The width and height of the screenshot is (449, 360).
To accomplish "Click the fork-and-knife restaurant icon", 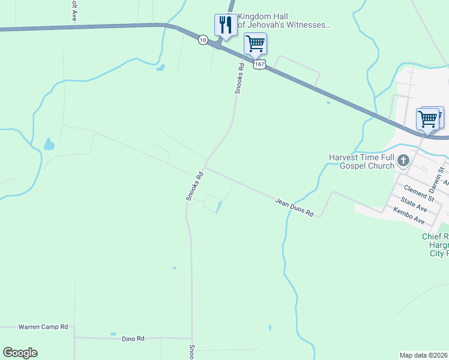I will tap(224, 25).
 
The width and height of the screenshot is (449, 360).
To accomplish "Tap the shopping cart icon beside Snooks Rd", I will tap(255, 44).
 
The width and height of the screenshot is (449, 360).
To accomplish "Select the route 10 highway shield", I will tap(203, 40).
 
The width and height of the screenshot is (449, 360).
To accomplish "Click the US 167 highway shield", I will tap(259, 63).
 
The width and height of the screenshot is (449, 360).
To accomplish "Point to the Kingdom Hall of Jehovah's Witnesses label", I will tap(284, 20).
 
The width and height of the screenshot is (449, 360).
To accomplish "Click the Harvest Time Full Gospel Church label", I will tap(361, 161).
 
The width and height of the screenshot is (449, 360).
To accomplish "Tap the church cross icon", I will tap(403, 161).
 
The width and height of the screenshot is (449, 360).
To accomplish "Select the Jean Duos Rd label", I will tap(295, 208).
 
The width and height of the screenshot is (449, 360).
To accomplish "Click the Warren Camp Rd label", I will tap(43, 327).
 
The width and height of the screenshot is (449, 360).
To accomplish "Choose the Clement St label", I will tap(418, 193).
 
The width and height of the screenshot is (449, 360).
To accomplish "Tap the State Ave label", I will tap(414, 204).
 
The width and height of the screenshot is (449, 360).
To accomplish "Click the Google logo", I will tap(20, 353).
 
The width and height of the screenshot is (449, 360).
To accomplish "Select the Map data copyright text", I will tap(424, 355).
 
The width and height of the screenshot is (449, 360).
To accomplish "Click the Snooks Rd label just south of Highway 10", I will tap(240, 79).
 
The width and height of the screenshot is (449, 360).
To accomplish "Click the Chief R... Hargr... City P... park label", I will tap(435, 245).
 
